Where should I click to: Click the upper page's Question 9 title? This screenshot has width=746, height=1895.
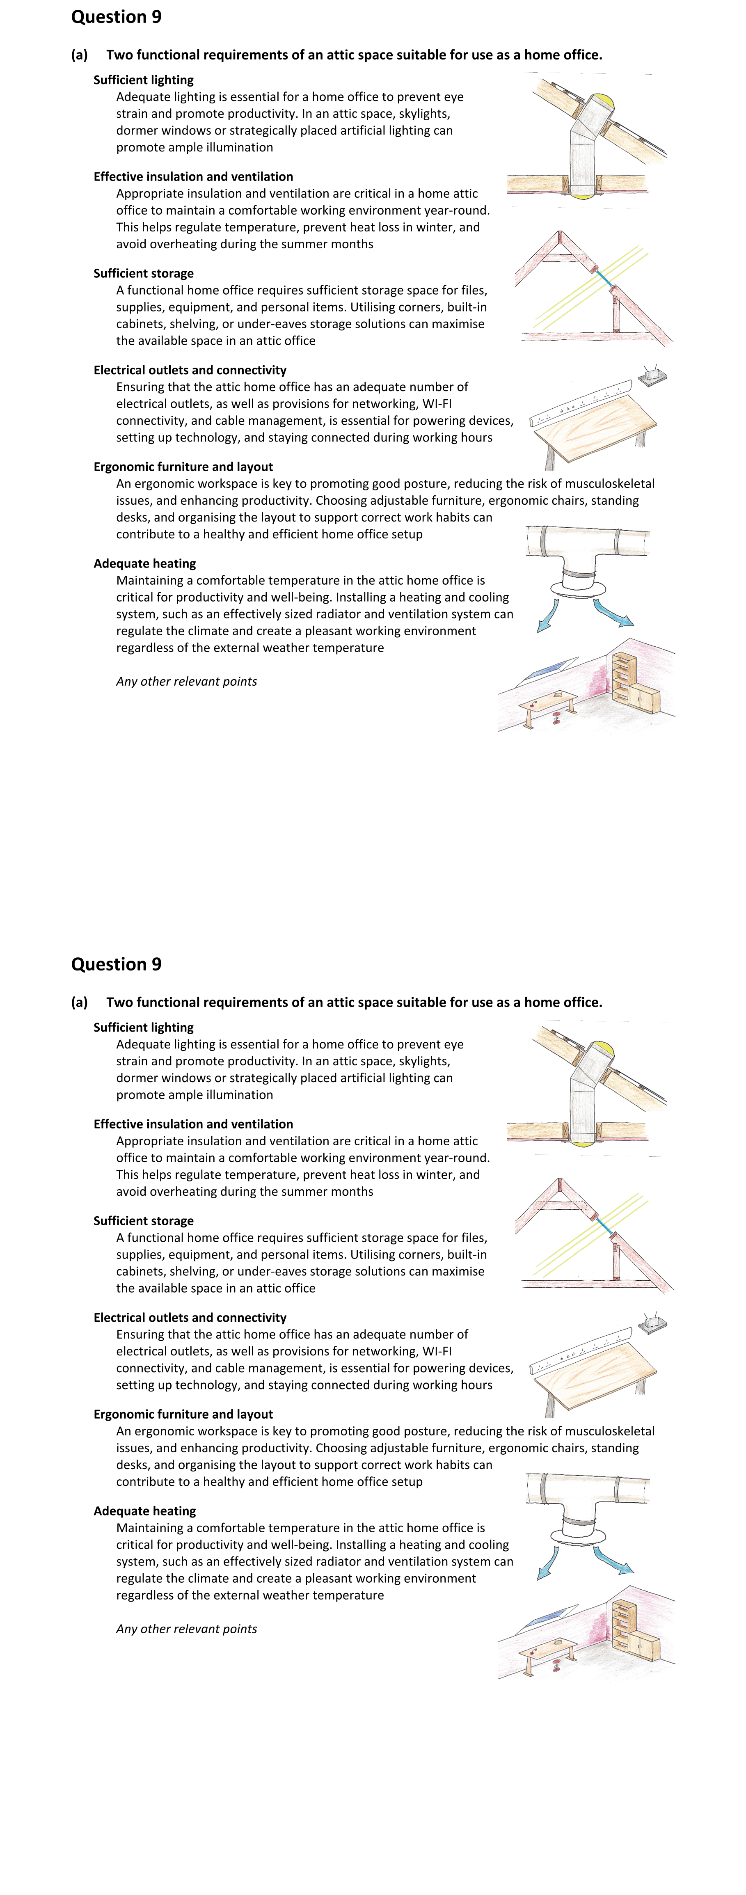click(116, 17)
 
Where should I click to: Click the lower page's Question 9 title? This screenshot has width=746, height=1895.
click(116, 964)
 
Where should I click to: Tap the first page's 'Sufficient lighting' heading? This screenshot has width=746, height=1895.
click(144, 80)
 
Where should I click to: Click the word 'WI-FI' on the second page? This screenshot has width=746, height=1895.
click(437, 1351)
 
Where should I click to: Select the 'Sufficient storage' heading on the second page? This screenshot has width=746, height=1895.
click(144, 1221)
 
